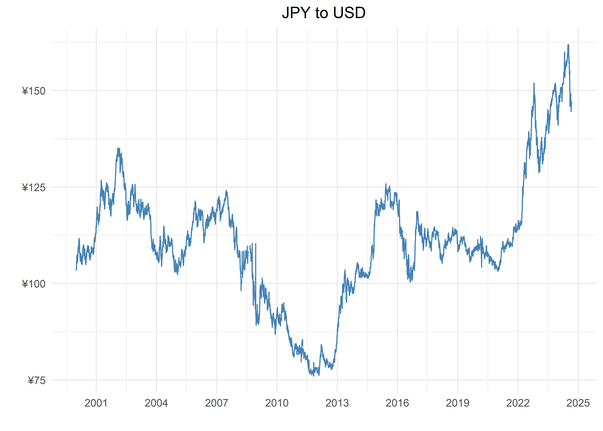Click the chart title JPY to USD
(323, 13)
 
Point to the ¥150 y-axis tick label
(34, 91)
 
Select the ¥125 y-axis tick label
(34, 188)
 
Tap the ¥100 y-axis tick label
(34, 284)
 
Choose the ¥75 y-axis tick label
(37, 381)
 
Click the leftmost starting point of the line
(76, 270)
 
